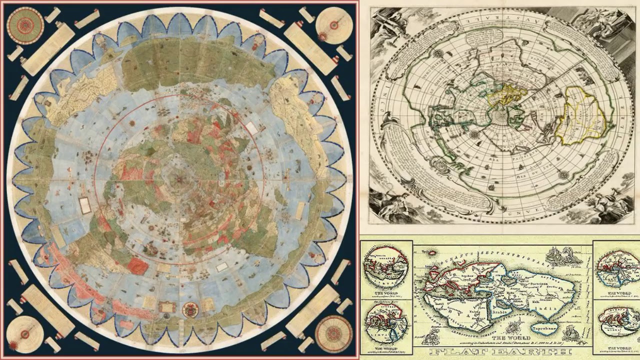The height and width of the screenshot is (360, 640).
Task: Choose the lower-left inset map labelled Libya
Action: pyautogui.click(x=385, y=320)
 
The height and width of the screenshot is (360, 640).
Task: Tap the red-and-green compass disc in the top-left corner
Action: pyautogui.click(x=25, y=25)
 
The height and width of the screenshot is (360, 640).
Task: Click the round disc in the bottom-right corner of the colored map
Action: pyautogui.click(x=333, y=333)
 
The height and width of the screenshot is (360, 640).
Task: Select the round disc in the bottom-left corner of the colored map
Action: pyautogui.click(x=25, y=333)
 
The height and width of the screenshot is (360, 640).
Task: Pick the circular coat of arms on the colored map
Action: pyautogui.click(x=190, y=310)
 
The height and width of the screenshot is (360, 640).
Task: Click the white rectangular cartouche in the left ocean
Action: pyautogui.click(x=85, y=205)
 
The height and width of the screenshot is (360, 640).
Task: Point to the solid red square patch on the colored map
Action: pyautogui.click(x=137, y=265)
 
